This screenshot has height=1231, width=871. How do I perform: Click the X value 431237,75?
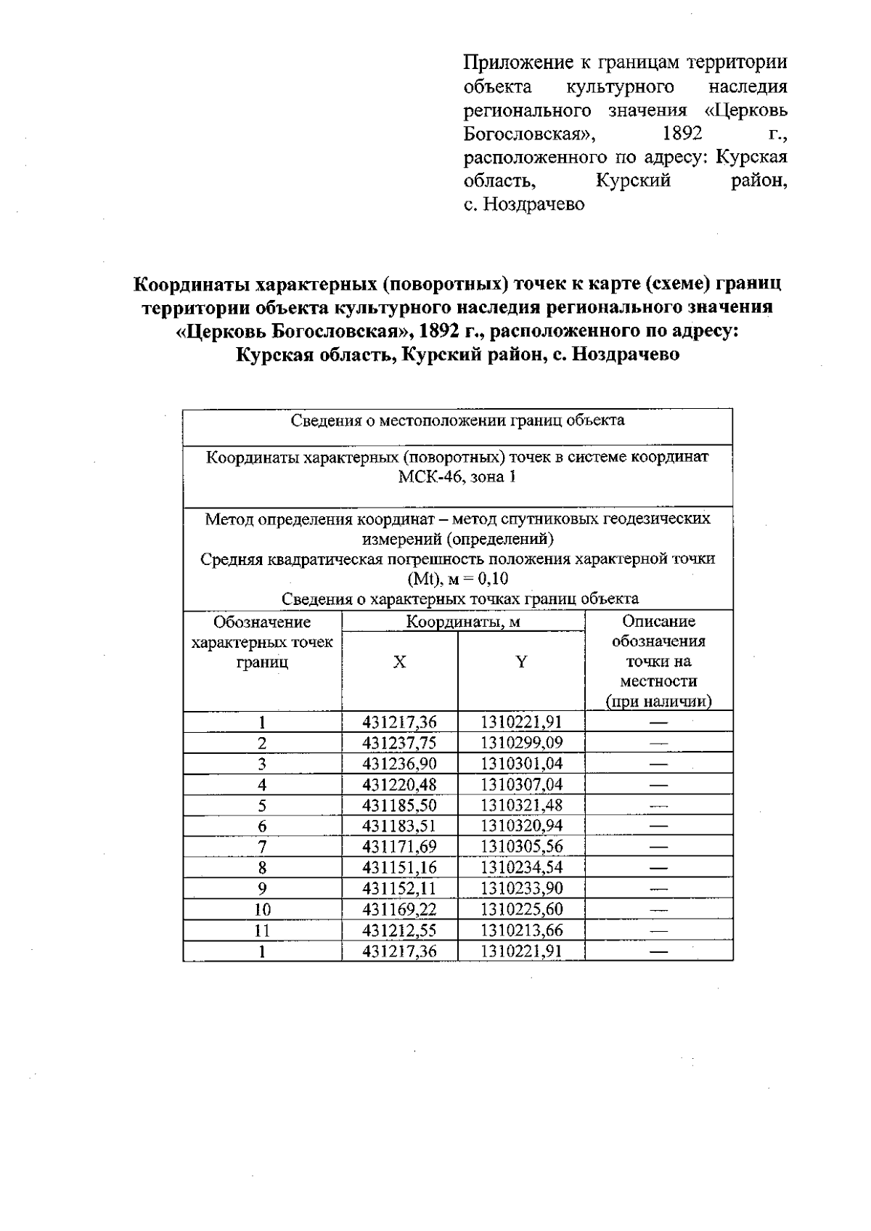[399, 742]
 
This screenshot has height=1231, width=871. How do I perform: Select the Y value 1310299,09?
[521, 742]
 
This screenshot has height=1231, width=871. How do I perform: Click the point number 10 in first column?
[262, 909]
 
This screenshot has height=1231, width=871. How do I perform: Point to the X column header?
[399, 662]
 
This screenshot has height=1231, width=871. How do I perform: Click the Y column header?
[521, 662]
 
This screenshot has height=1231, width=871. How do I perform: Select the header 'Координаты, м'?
[462, 622]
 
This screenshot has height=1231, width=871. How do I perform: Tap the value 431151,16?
[399, 867]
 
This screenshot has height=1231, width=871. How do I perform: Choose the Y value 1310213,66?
[521, 930]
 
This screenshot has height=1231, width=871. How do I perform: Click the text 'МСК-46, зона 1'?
[457, 477]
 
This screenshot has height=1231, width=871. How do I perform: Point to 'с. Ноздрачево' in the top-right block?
[524, 204]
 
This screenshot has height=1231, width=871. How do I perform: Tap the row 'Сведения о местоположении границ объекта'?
[457, 421]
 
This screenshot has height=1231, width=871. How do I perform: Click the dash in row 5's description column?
[658, 805]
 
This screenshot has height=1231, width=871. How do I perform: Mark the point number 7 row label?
[262, 847]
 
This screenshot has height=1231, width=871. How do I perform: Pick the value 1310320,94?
[521, 826]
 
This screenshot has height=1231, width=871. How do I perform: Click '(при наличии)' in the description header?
[658, 702]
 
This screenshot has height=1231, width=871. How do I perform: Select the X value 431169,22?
[399, 909]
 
